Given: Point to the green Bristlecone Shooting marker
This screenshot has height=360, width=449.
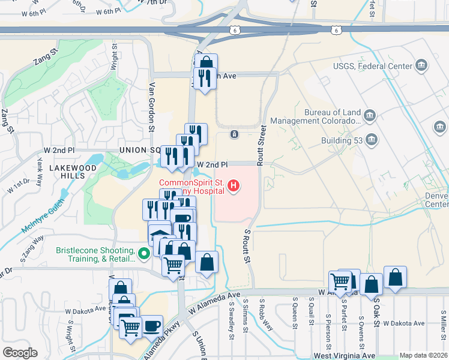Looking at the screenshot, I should [x=143, y=254].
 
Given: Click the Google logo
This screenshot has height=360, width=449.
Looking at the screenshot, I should [x=20, y=352].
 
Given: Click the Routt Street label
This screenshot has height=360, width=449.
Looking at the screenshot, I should [x=261, y=145].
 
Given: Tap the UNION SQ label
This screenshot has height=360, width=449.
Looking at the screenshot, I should [x=140, y=150].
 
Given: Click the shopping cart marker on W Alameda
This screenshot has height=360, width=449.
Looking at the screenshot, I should [x=340, y=281].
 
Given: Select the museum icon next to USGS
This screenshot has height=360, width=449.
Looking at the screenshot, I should [x=421, y=65].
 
